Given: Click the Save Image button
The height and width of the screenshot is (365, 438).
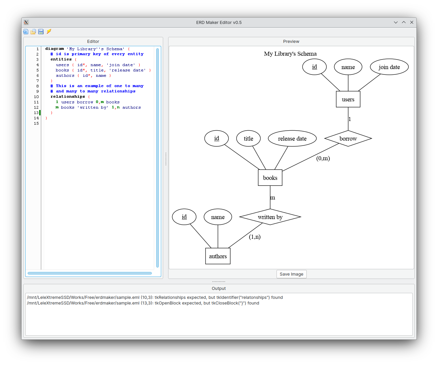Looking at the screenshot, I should (291, 274).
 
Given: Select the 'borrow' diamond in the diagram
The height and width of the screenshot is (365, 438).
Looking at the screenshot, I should (348, 139).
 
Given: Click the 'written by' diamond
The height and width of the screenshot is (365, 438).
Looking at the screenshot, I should (270, 217).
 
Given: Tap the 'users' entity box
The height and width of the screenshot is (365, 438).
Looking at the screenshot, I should (348, 99).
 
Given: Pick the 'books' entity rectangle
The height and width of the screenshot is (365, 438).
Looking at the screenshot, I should (270, 178).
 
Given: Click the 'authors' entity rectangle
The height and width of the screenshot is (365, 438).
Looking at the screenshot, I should (218, 256).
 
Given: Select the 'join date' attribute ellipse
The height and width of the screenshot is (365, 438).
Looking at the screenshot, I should (389, 67).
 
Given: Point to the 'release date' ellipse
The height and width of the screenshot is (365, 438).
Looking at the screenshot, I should (292, 139).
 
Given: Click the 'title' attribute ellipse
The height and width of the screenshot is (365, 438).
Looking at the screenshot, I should (248, 139).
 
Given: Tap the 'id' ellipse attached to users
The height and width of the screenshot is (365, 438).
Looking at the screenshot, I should (314, 67).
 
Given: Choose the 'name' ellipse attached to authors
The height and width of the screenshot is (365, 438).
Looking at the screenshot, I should (218, 217).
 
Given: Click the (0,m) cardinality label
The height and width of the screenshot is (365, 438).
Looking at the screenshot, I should (323, 158).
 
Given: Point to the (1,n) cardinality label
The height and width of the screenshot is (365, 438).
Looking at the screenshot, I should (255, 237).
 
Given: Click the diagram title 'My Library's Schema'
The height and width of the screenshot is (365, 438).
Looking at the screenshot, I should (290, 54).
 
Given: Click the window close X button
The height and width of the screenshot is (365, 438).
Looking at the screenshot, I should (412, 22).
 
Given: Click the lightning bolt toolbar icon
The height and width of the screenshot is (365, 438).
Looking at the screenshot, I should (49, 32).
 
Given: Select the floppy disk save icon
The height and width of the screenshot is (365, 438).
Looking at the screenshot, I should (41, 32).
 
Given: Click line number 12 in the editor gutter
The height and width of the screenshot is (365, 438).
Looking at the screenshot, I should (36, 107).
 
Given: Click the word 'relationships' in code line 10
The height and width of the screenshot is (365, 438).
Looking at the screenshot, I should (68, 97).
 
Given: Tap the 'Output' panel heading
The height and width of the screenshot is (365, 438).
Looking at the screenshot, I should (219, 289).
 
